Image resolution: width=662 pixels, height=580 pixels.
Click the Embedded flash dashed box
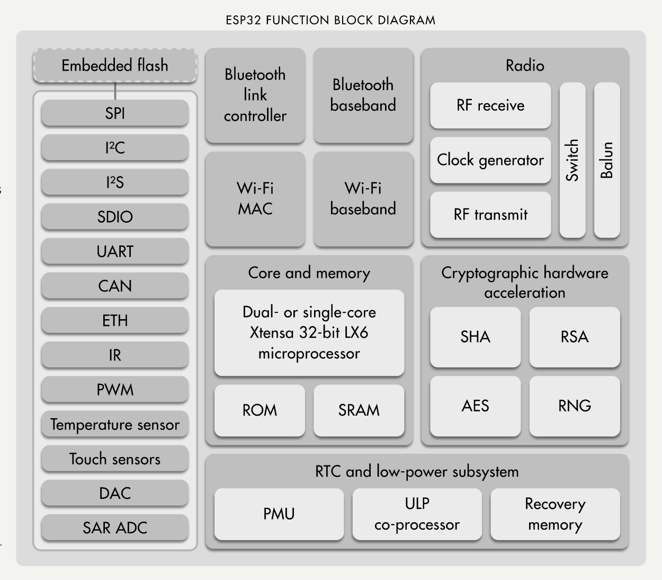(115, 66)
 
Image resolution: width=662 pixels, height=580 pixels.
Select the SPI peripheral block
(115, 113)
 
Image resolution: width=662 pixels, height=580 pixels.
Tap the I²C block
(115, 147)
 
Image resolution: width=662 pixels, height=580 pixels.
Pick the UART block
(115, 251)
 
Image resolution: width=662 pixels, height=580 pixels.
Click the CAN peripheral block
(115, 286)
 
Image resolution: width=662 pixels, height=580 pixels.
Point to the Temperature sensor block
(115, 424)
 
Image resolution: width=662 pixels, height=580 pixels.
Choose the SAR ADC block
(115, 528)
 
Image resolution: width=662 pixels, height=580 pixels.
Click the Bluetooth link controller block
(255, 95)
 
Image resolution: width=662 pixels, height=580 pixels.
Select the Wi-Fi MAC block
(255, 198)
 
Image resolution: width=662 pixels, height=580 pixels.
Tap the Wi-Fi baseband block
(363, 198)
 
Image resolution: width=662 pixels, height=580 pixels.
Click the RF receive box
(490, 105)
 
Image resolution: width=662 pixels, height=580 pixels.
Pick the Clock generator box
(490, 160)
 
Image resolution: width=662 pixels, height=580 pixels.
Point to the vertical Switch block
(572, 160)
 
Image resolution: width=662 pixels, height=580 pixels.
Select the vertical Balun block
(607, 160)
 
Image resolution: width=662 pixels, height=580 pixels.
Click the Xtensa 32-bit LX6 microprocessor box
(309, 332)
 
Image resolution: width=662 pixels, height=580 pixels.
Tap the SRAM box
(359, 410)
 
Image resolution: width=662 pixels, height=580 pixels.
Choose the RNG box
(575, 406)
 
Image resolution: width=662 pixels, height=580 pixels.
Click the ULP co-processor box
(417, 514)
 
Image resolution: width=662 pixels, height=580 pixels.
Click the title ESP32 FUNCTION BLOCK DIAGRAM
(330, 21)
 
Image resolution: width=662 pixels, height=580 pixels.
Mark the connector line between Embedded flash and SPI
(115, 91)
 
